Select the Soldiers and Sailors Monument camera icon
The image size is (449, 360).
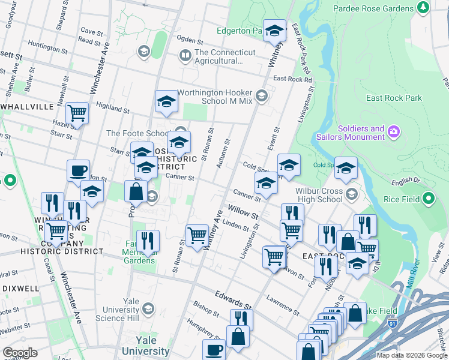[394, 131]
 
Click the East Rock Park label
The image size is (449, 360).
[394, 98]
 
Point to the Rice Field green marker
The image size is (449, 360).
[428, 198]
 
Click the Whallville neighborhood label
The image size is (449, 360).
[27, 106]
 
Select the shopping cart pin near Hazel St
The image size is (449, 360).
[77, 112]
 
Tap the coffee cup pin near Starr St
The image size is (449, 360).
[78, 171]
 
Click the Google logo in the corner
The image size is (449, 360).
[20, 352]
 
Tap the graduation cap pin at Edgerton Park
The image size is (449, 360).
[275, 31]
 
